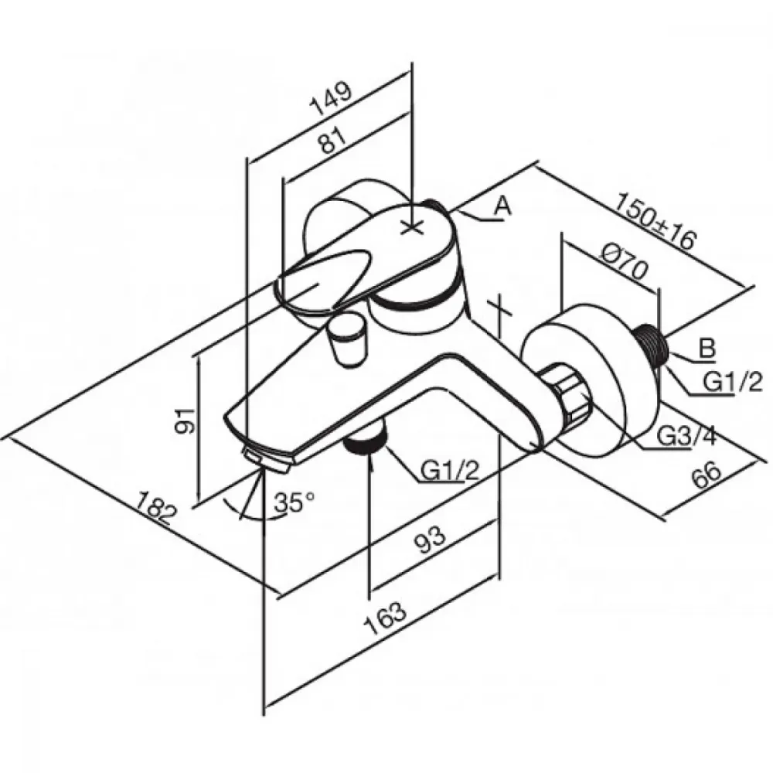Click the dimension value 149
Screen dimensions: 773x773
pyautogui.click(x=331, y=99)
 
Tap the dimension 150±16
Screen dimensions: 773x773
pyautogui.click(x=656, y=223)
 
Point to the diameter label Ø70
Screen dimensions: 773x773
pyautogui.click(x=623, y=263)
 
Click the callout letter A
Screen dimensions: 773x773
pyautogui.click(x=502, y=206)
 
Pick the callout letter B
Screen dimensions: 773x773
pyautogui.click(x=707, y=349)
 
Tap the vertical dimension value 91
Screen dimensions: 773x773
pyautogui.click(x=186, y=421)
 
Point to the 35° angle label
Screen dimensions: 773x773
pyautogui.click(x=295, y=502)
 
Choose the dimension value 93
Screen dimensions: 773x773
pyautogui.click(x=428, y=540)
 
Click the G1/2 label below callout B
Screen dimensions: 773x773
pyautogui.click(x=733, y=382)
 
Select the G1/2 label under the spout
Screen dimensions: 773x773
pyautogui.click(x=449, y=472)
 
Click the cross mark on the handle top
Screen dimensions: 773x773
pyautogui.click(x=412, y=227)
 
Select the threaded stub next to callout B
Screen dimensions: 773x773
pyautogui.click(x=652, y=344)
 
